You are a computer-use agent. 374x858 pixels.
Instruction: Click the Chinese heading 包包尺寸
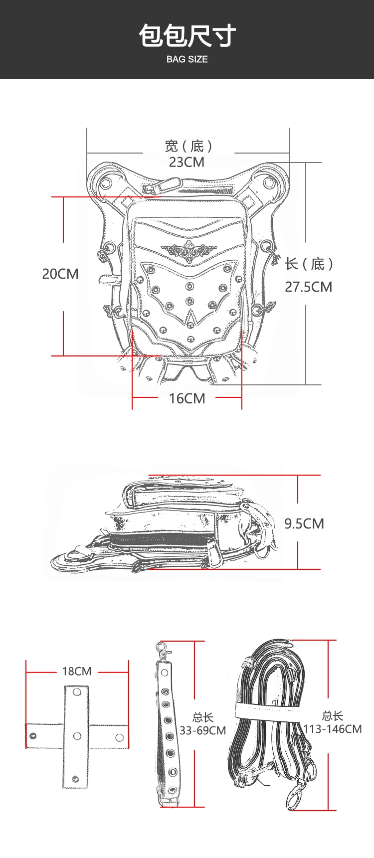187,36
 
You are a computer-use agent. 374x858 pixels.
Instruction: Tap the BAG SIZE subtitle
187,59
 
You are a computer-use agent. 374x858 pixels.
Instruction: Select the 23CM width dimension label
187,162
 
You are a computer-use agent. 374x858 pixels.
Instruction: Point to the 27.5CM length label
308,287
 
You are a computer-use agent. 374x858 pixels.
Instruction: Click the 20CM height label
60,274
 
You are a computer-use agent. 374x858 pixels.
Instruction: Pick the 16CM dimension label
187,398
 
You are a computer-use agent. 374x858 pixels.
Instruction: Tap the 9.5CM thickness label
304,523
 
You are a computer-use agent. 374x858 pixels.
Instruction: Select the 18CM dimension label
77,671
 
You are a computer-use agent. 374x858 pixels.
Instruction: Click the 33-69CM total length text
203,730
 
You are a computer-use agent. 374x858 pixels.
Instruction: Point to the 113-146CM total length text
333,729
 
